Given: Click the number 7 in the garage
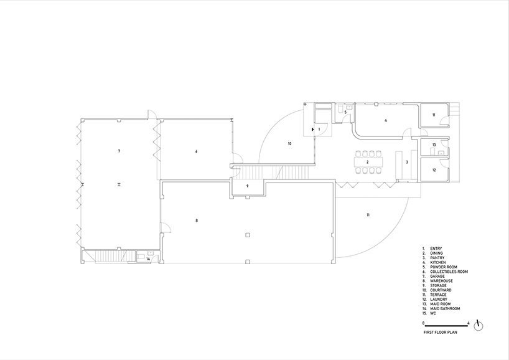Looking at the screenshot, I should pyautogui.click(x=118, y=151).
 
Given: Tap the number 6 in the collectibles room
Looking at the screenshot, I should pyautogui.click(x=196, y=151).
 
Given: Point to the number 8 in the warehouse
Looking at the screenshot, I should pyautogui.click(x=197, y=220).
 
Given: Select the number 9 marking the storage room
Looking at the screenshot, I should pyautogui.click(x=247, y=186).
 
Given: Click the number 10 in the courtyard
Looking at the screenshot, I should pyautogui.click(x=289, y=144).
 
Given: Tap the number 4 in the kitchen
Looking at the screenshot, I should pyautogui.click(x=386, y=120).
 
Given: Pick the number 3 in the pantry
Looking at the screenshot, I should pyautogui.click(x=407, y=162).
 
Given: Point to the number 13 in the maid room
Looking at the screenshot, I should pyautogui.click(x=434, y=144).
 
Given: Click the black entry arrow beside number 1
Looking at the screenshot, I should pyautogui.click(x=313, y=129).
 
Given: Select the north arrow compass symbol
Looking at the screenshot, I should pyautogui.click(x=478, y=325).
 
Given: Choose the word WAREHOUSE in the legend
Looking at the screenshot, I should pyautogui.click(x=440, y=281).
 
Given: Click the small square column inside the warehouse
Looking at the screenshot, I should pyautogui.click(x=248, y=235).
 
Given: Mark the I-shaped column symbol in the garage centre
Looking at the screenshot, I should pyautogui.click(x=118, y=185).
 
